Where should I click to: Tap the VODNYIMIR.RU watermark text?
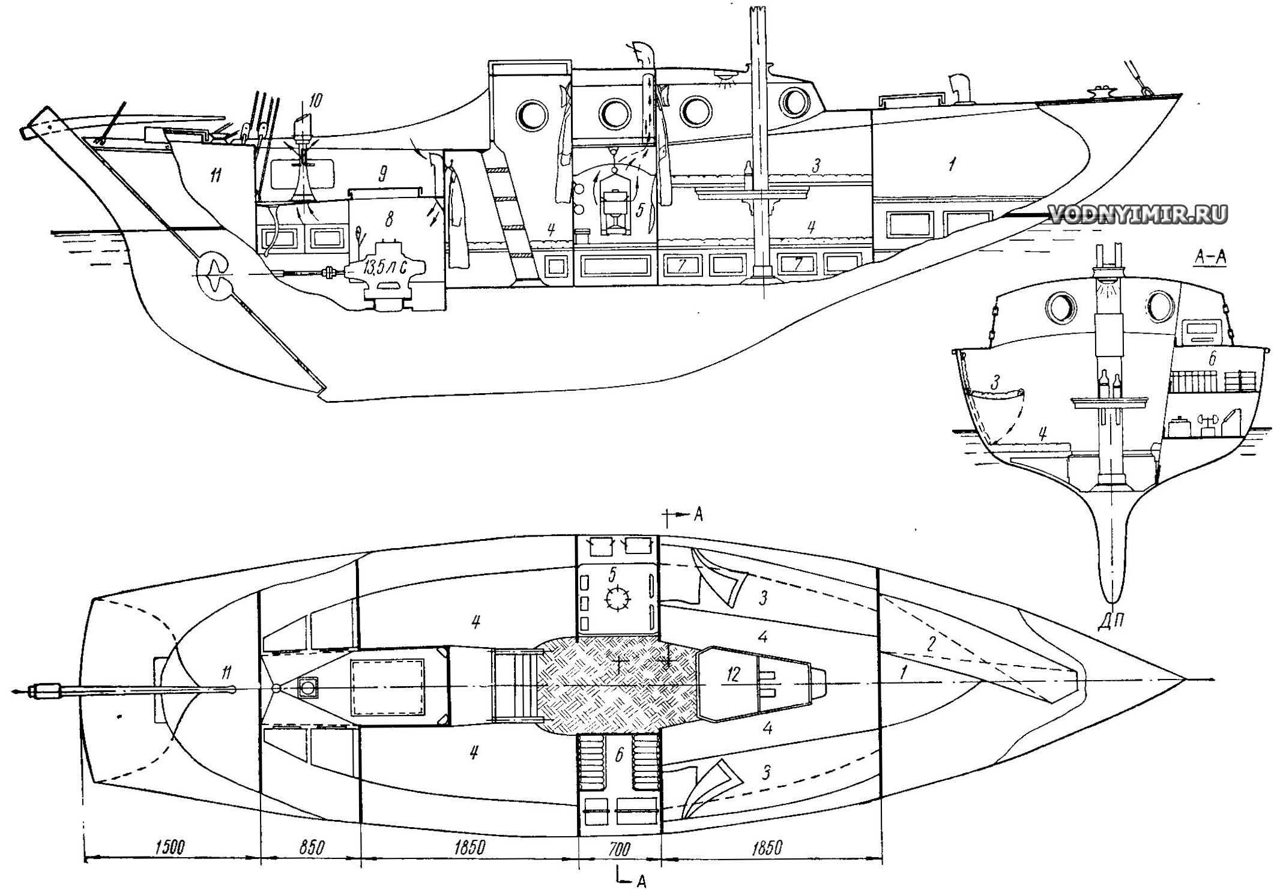click(1137, 213)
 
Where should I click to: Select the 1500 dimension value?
click(170, 847)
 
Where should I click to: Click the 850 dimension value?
click(310, 847)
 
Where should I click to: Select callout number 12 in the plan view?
click(733, 674)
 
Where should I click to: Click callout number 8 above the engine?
click(389, 220)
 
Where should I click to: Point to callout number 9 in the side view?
click(382, 174)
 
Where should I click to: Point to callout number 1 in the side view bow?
click(952, 163)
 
